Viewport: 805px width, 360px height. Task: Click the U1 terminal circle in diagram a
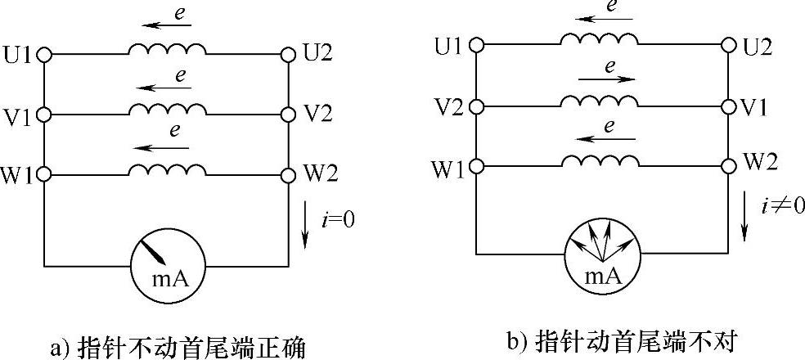pos(44,55)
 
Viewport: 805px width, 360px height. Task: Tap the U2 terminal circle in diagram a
pos(287,55)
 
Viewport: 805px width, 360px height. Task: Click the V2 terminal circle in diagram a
pos(287,115)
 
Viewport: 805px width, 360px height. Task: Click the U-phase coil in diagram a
pos(166,49)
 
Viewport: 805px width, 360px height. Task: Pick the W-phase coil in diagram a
pos(166,169)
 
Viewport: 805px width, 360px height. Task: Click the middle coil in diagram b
pos(599,101)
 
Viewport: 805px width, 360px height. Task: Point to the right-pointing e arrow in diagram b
pos(606,79)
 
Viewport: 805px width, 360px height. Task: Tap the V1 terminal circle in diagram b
pos(728,106)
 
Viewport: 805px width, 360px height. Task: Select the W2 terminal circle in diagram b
pos(728,165)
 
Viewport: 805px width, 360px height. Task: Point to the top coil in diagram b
pos(599,39)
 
